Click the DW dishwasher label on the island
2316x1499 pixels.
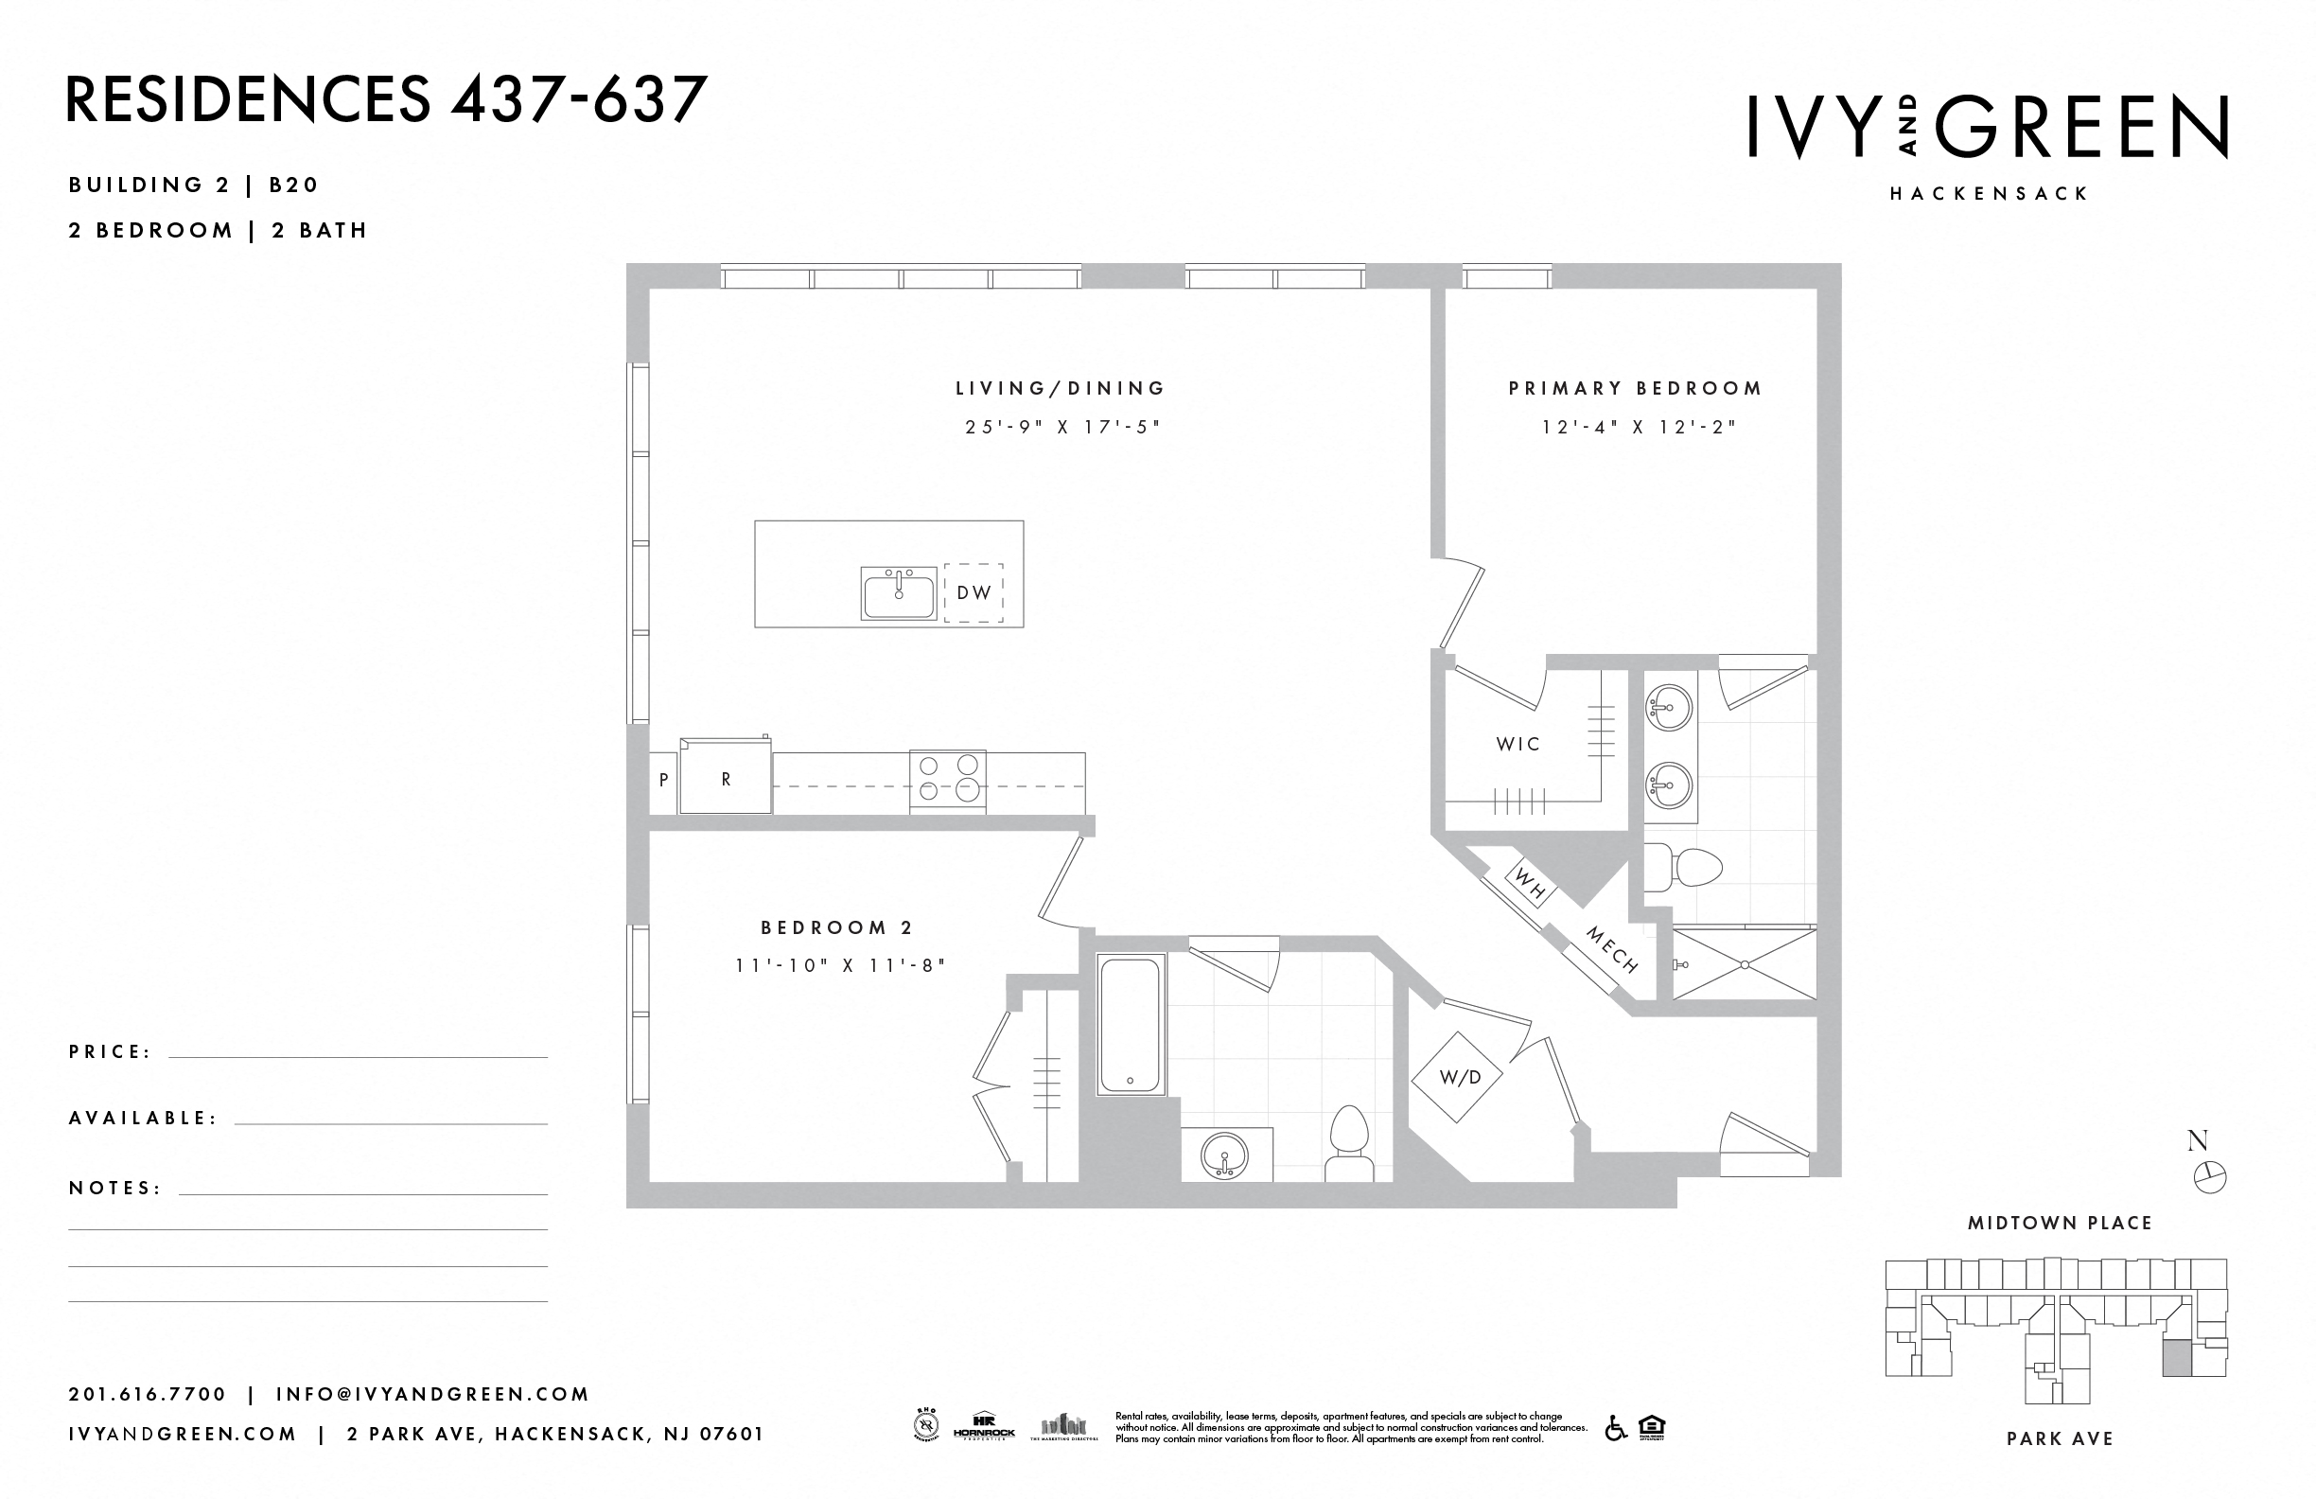(974, 591)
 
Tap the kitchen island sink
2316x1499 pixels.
(898, 592)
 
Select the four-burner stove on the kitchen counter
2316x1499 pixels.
(947, 780)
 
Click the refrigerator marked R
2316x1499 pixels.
(726, 779)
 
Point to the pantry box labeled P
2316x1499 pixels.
(663, 780)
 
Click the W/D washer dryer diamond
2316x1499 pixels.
(1459, 1078)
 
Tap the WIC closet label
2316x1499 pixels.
(1518, 745)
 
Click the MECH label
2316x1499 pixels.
(1612, 950)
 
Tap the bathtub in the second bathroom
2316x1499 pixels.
(1130, 1024)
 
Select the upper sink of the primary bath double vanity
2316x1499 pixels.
(1670, 707)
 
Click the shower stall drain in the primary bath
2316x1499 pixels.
(1745, 964)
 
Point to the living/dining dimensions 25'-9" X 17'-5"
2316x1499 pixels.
(1062, 427)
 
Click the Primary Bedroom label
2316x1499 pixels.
(1635, 388)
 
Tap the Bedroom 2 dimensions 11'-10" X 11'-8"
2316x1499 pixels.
(840, 965)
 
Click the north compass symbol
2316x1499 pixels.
(2210, 1177)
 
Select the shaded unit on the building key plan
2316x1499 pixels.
(2178, 1357)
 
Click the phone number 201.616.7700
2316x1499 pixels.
(147, 1394)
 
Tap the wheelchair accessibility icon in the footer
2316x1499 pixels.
(1615, 1428)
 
